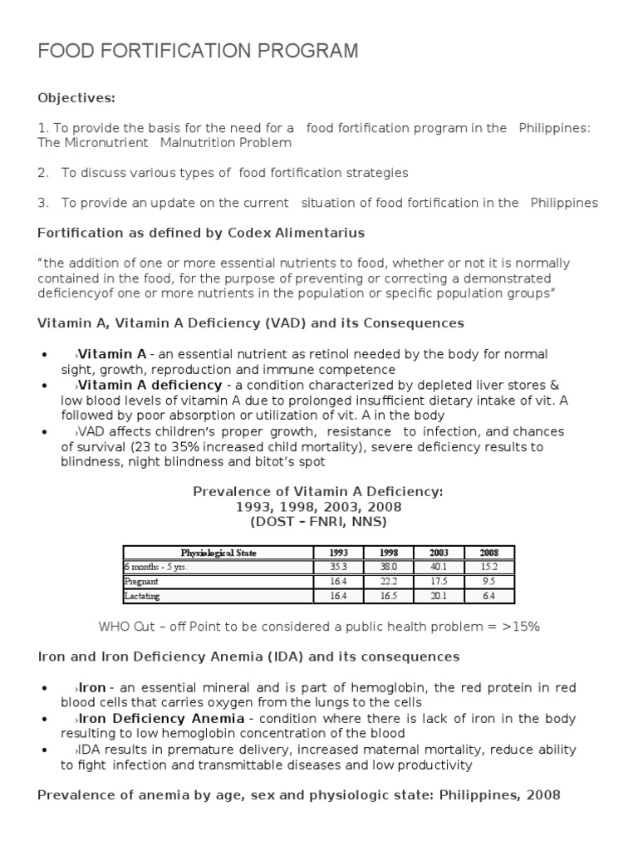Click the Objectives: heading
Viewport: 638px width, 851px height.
pos(76,98)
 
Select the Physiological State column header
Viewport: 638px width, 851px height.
pos(218,553)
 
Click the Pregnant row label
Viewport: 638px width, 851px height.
pos(142,581)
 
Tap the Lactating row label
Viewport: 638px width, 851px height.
pos(142,595)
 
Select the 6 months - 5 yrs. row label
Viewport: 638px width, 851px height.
pos(150,567)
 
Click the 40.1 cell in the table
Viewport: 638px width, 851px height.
pos(439,567)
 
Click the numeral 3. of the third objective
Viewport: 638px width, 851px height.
pos(43,203)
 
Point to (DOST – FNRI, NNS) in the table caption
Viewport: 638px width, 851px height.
pos(319,521)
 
